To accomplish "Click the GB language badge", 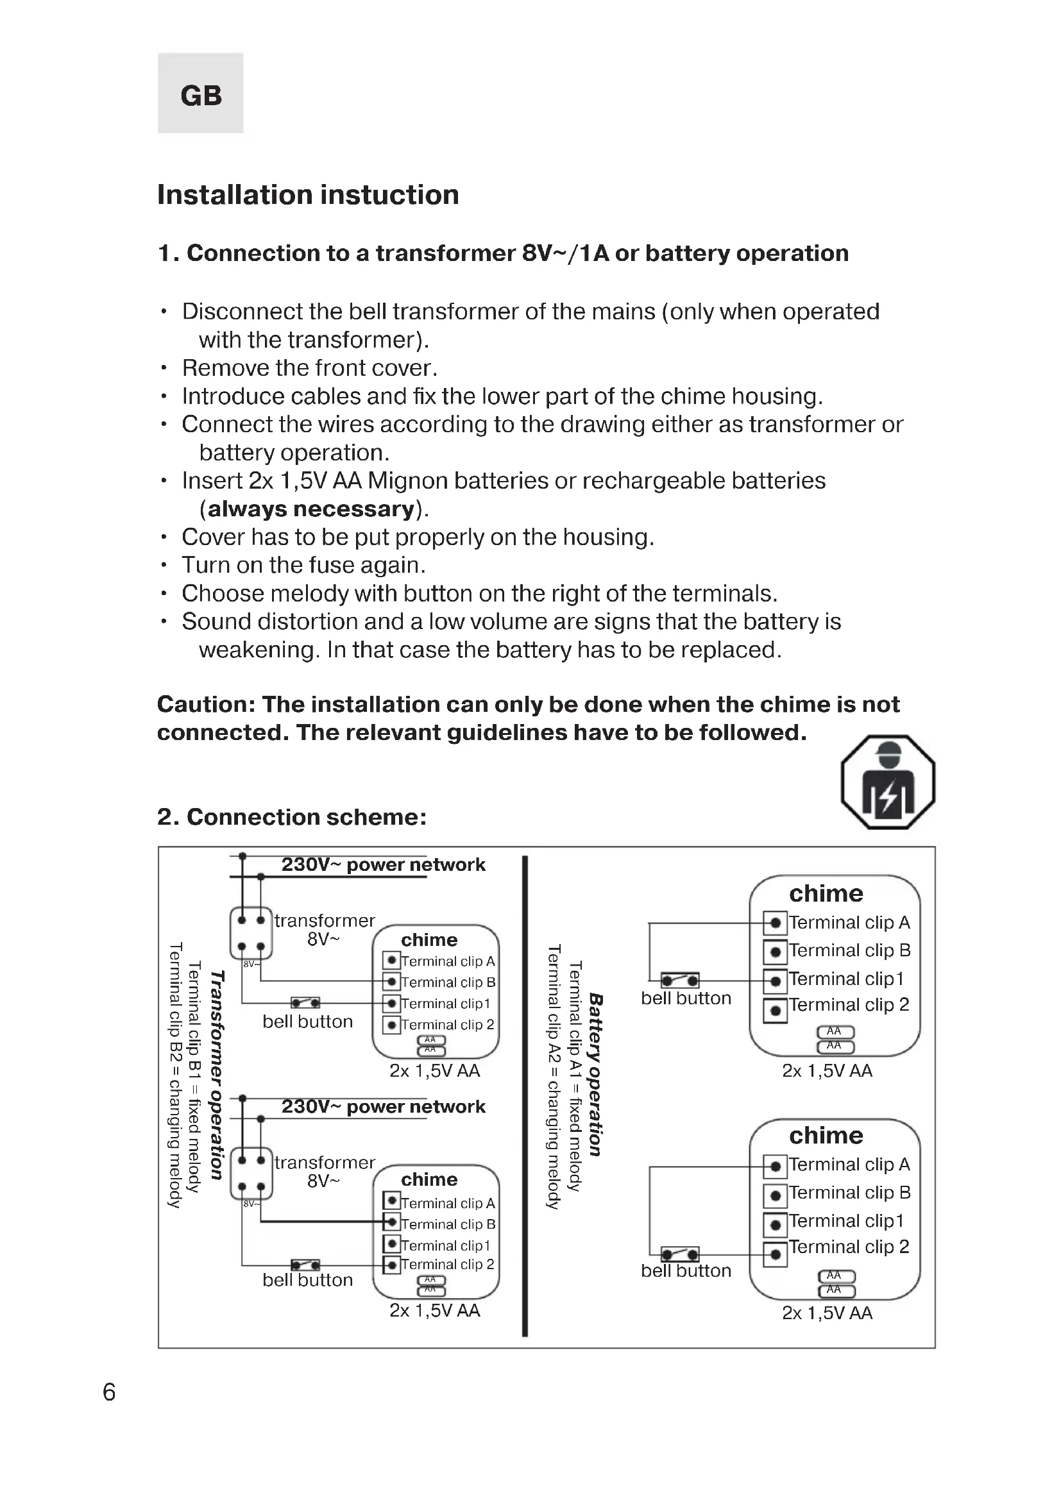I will (201, 94).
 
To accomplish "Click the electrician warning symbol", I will (887, 782).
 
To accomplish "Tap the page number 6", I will (109, 1392).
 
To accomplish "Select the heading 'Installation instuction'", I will (308, 195).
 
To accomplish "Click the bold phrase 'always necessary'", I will (312, 509).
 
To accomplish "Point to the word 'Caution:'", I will (206, 704).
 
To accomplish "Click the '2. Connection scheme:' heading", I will (291, 816).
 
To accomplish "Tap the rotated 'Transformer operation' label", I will (217, 1075).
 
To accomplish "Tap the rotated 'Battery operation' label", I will (595, 1075).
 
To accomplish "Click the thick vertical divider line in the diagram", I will (525, 1097).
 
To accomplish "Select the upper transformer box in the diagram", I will (251, 933).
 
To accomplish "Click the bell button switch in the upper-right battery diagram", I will (680, 980).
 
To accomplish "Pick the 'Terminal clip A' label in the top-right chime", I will (849, 922).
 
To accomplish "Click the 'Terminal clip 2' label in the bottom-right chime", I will (849, 1247).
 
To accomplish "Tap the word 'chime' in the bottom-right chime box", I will (826, 1136).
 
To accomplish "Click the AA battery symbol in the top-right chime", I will (836, 1039).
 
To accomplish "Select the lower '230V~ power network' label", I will (383, 1107).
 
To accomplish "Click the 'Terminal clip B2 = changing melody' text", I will (174, 1075).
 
